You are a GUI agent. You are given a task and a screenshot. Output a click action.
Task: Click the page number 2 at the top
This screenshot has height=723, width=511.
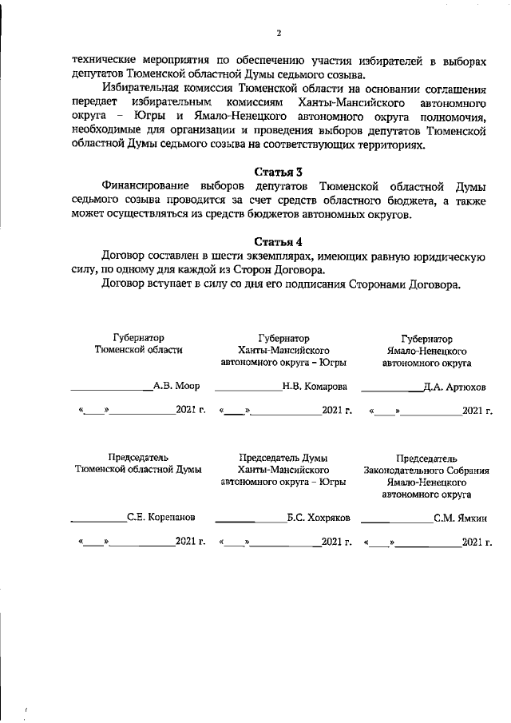point(278,33)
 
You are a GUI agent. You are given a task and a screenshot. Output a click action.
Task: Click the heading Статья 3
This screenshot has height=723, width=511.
point(279,172)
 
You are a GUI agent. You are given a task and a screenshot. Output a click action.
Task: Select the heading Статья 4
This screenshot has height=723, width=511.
point(279,241)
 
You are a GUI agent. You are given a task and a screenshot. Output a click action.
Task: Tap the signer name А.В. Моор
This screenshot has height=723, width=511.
point(176,385)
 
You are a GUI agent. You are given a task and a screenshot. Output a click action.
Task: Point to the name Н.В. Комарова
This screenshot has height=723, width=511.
point(315,385)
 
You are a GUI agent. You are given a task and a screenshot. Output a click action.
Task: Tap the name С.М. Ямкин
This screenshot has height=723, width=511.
point(461,518)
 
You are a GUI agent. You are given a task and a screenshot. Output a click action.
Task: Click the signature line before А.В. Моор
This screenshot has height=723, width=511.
point(112,389)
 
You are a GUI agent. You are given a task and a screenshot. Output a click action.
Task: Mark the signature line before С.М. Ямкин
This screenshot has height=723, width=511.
point(398,522)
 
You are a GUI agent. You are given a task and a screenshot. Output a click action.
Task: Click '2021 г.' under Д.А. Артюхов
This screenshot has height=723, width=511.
point(477,411)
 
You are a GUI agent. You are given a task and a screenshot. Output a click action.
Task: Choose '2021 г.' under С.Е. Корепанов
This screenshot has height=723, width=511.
point(191,542)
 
